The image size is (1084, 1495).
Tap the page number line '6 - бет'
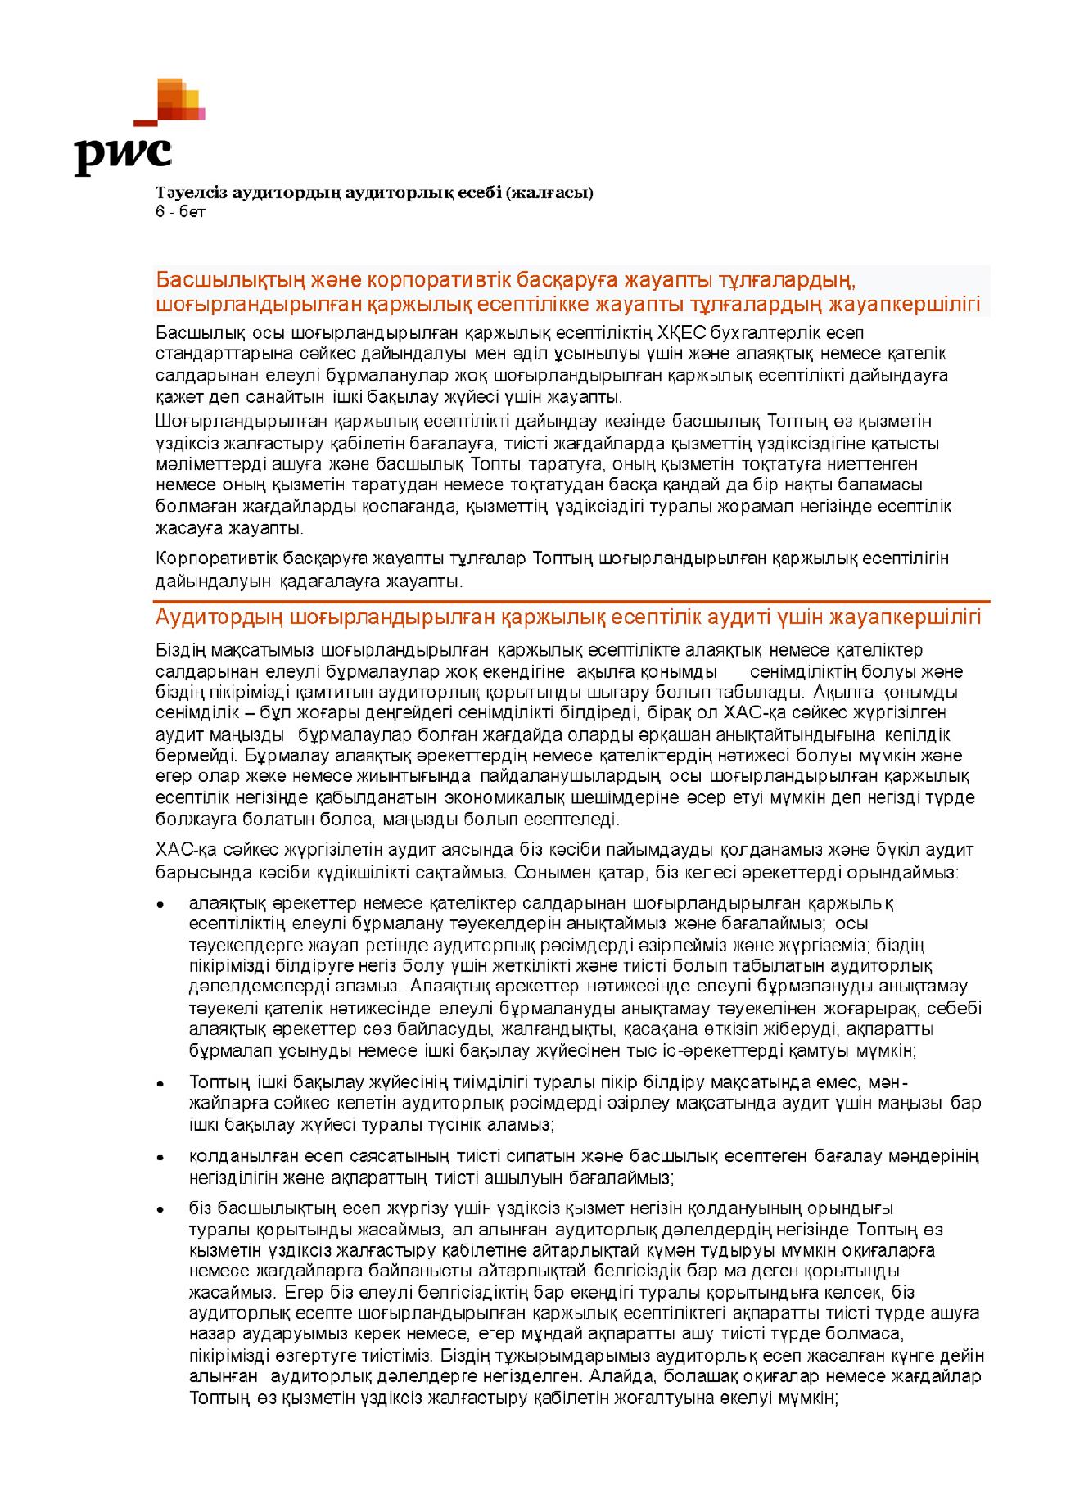click(180, 212)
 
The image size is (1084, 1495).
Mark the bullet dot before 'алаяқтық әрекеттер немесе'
click(161, 905)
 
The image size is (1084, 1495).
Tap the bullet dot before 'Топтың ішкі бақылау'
click(161, 1083)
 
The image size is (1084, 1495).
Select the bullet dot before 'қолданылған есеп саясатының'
click(161, 1158)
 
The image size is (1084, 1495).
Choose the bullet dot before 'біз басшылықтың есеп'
click(161, 1209)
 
